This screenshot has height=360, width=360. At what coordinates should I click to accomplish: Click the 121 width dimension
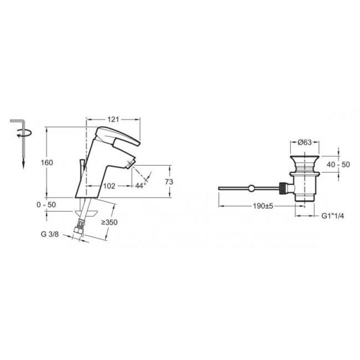pyautogui.click(x=113, y=119)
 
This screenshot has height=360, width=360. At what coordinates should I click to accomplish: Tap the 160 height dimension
pyautogui.click(x=47, y=162)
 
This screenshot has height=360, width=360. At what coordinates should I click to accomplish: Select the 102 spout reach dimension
pyautogui.click(x=109, y=186)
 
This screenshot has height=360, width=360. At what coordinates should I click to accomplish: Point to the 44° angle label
pyautogui.click(x=140, y=185)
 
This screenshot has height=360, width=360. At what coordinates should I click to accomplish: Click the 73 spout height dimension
pyautogui.click(x=169, y=182)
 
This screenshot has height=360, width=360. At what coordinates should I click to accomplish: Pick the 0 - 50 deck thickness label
pyautogui.click(x=46, y=205)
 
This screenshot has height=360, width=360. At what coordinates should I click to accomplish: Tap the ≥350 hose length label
pyautogui.click(x=109, y=222)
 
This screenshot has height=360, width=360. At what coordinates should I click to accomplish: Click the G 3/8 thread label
pyautogui.click(x=50, y=234)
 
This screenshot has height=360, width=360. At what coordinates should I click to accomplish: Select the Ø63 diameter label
pyautogui.click(x=305, y=142)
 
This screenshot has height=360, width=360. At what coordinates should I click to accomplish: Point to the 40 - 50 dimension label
pyautogui.click(x=338, y=164)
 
